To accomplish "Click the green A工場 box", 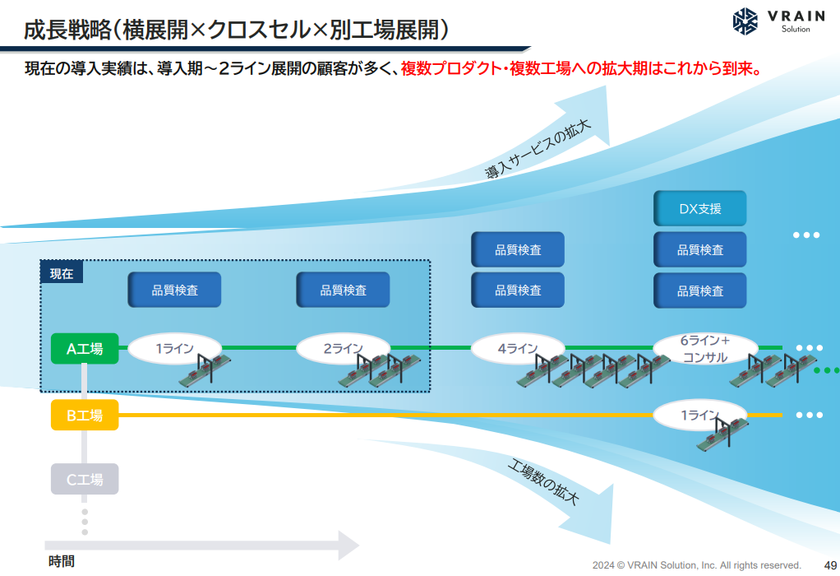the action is coord(85,349).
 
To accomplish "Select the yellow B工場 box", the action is coord(85,415).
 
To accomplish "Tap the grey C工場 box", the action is coord(85,479).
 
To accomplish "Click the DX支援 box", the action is coord(699,208).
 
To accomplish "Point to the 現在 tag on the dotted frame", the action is coord(62,273).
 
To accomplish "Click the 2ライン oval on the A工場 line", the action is coord(344,349).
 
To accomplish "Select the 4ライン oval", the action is coord(518,349).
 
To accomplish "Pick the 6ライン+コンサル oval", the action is coord(705,349).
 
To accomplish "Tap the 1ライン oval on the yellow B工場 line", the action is coord(699,415).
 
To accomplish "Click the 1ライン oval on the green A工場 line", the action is coord(174,349).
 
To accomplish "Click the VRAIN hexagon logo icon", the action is coord(745,21).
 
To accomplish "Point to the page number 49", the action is coord(830,565).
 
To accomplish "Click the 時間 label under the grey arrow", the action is coord(62,561).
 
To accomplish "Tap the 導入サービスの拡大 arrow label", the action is coord(538,149).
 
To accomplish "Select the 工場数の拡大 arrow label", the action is coord(543,482).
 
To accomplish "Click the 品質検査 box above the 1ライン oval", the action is coord(174,290).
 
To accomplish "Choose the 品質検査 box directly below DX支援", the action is coord(699,249).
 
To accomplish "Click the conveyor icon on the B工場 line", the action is coord(722,433).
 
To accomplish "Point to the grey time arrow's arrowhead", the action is coord(348,546).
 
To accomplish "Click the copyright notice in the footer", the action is coord(696,565).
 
